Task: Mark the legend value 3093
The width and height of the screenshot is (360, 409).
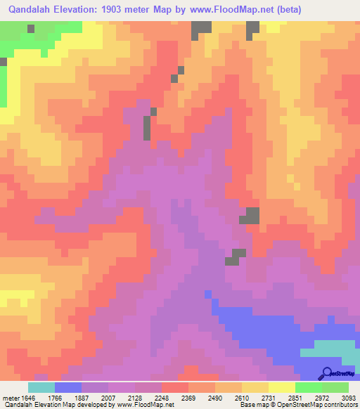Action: pos(348,398)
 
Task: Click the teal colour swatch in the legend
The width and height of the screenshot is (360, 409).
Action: pos(41,387)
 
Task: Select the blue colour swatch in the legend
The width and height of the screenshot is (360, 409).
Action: pos(68,387)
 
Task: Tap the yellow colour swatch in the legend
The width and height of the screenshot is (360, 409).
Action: pos(282,387)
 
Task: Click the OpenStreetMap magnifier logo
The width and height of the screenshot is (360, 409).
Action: pos(326,373)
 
